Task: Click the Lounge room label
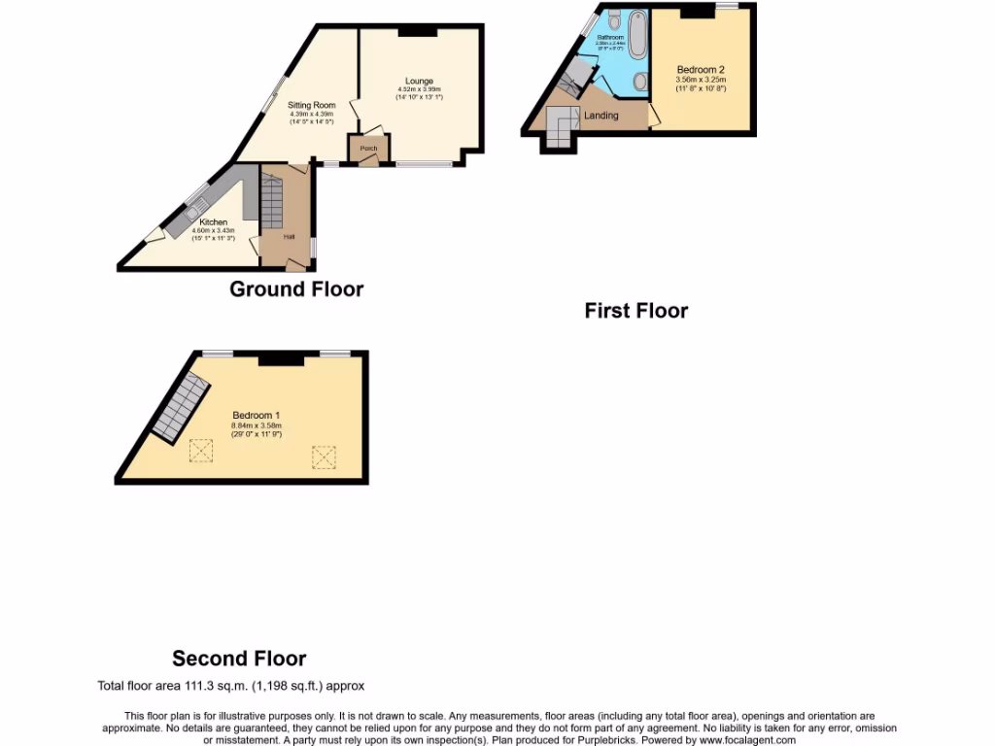420,81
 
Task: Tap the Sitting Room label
312,105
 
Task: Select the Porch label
368,149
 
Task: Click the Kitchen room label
214,222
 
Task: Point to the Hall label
289,237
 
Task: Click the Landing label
600,116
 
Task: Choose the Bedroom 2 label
701,70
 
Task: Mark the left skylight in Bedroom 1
201,451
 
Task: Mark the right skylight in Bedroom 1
324,457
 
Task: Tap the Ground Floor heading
296,288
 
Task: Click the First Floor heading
635,311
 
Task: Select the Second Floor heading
239,659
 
